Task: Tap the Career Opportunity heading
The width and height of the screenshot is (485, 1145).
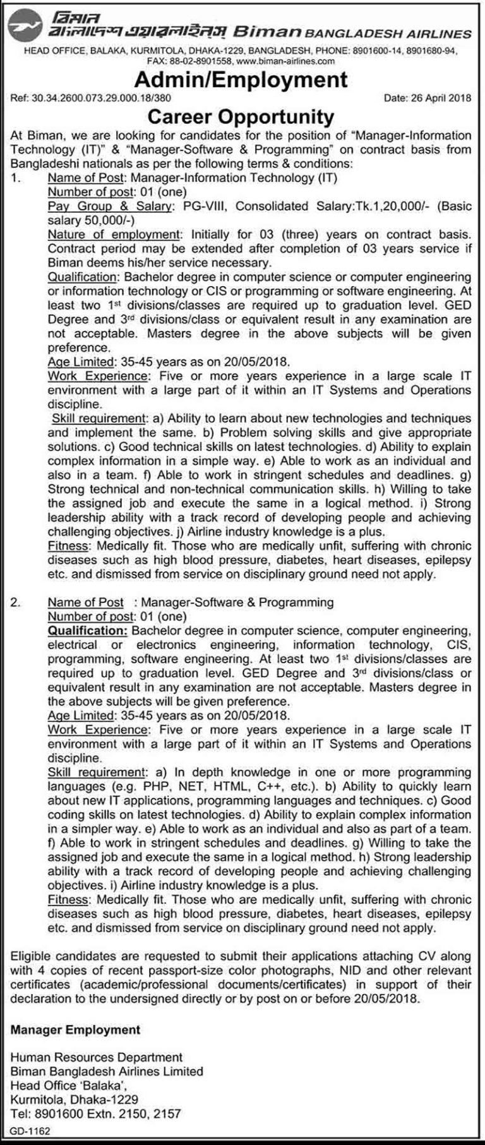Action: tap(240, 116)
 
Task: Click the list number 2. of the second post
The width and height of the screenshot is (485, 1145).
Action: tap(15, 602)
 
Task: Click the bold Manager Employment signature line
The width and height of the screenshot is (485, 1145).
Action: tap(75, 1029)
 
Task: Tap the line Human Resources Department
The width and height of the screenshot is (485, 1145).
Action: tap(97, 1057)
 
